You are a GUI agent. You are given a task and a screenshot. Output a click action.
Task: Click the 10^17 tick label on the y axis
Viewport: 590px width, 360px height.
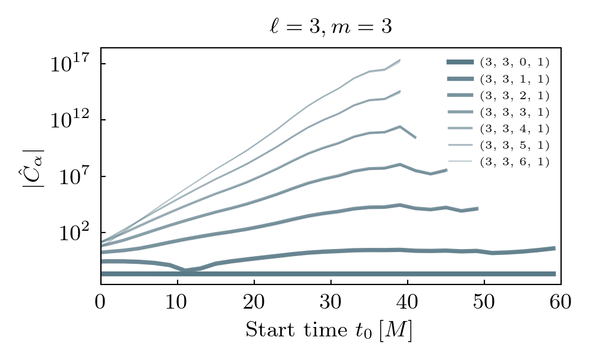[70, 64]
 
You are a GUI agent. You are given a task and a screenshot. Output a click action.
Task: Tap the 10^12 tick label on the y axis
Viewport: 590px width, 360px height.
[70, 120]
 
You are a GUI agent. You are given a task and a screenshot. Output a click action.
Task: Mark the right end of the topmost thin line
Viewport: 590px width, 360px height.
[400, 60]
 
